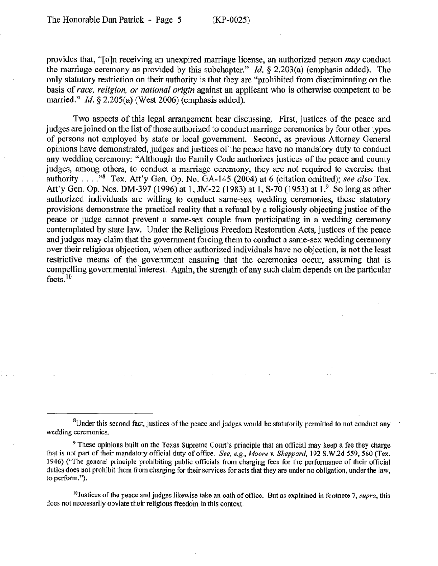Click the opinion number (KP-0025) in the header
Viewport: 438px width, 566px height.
point(231,20)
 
